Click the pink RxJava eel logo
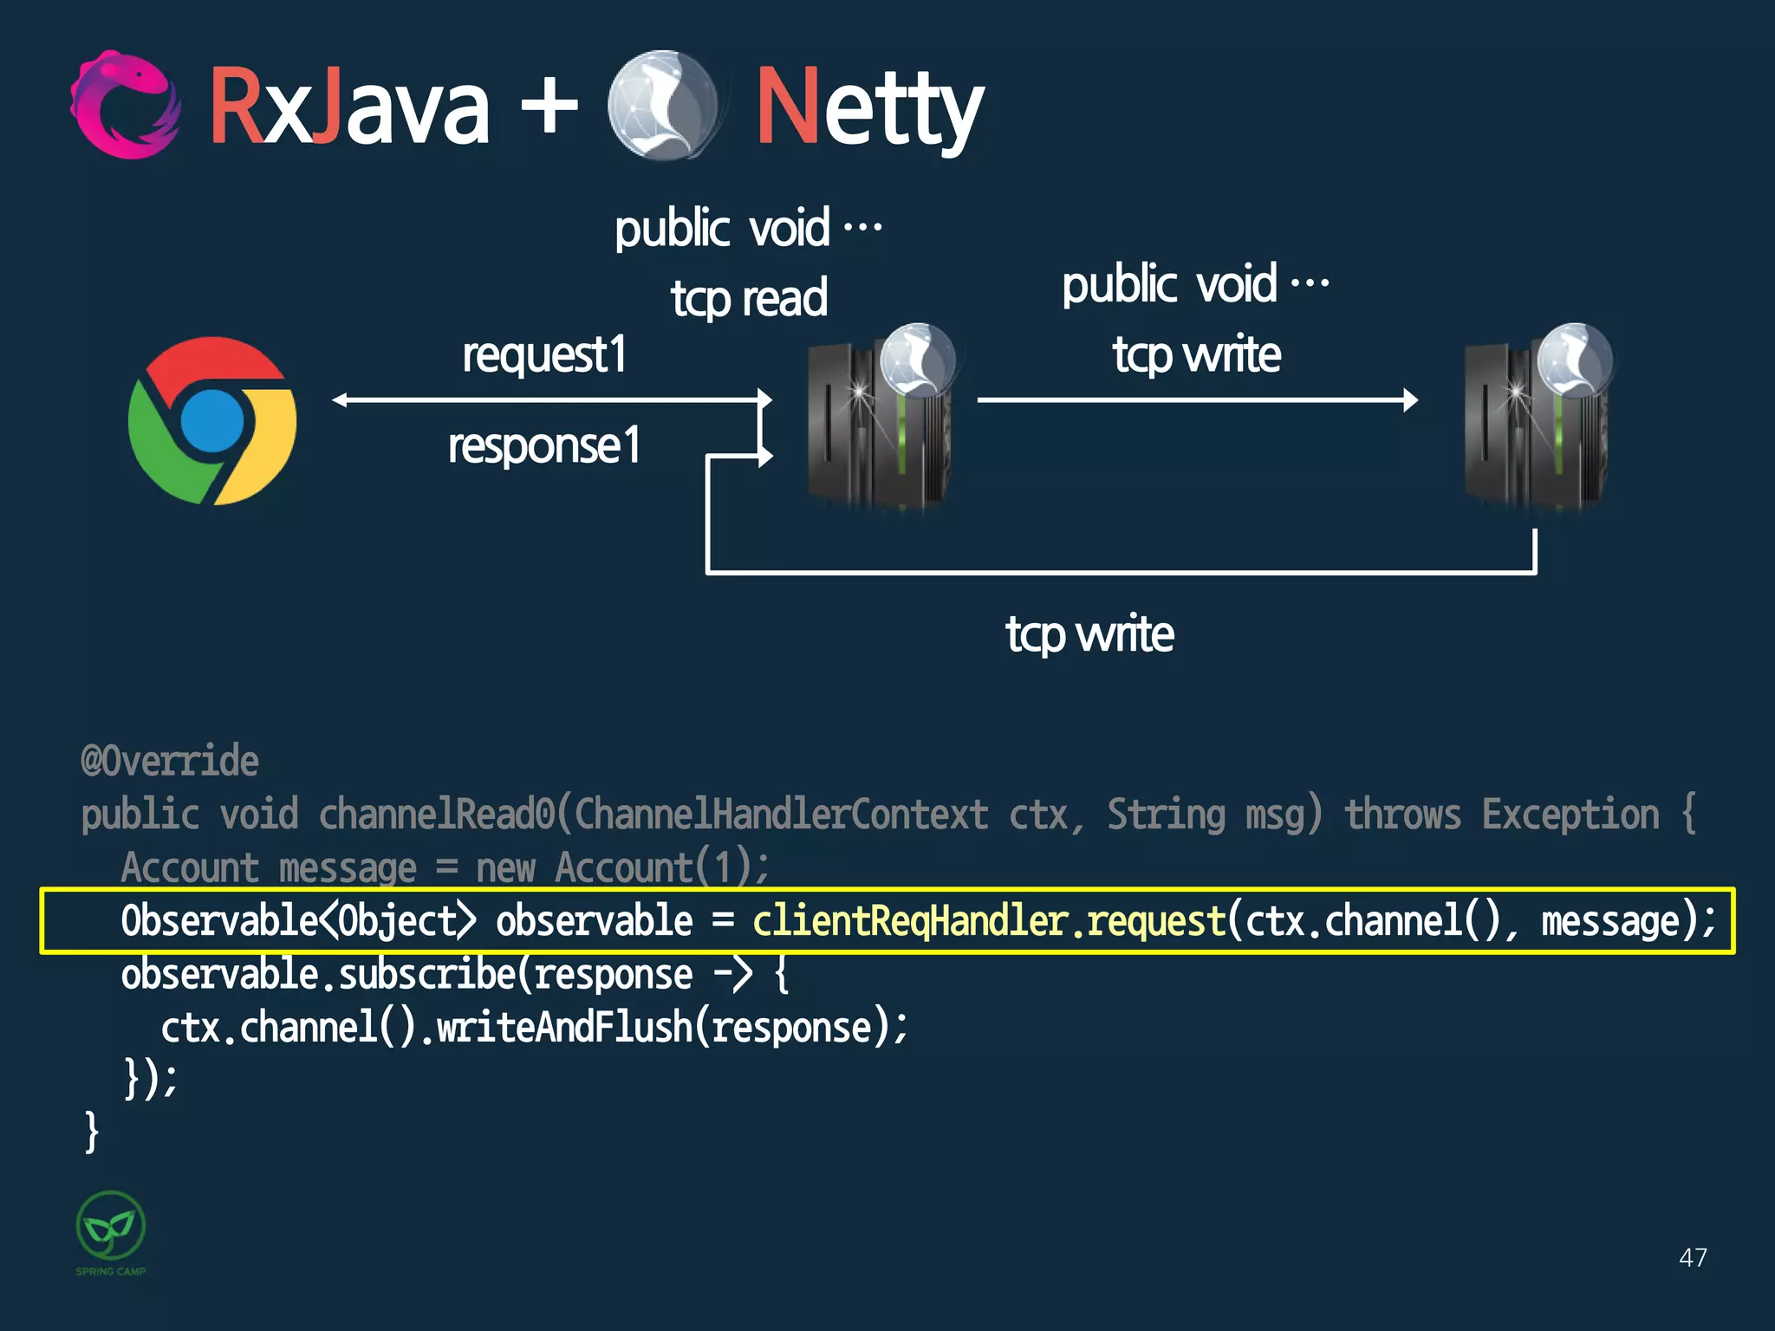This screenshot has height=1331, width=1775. pyautogui.click(x=127, y=106)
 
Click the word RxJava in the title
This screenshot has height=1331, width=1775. pyautogui.click(x=349, y=108)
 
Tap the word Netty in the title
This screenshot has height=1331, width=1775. pyautogui.click(x=869, y=108)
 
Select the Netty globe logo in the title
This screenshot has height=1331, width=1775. pyautogui.click(x=663, y=105)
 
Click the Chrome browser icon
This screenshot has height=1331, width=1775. pyautogui.click(x=212, y=421)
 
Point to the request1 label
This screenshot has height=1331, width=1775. pyautogui.click(x=544, y=355)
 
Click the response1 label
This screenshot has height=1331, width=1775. pyautogui.click(x=544, y=446)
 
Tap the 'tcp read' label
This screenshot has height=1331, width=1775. pyautogui.click(x=749, y=298)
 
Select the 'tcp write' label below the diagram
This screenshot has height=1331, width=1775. pyautogui.click(x=1089, y=633)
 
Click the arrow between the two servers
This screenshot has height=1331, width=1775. pyautogui.click(x=1196, y=400)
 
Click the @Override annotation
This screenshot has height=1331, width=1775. pyautogui.click(x=170, y=761)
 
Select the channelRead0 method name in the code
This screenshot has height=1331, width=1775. pyautogui.click(x=436, y=815)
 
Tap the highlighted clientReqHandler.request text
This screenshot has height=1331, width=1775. pyautogui.click(x=989, y=921)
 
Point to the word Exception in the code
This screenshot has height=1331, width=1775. pyautogui.click(x=1570, y=815)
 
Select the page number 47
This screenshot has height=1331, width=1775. pyautogui.click(x=1693, y=1257)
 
